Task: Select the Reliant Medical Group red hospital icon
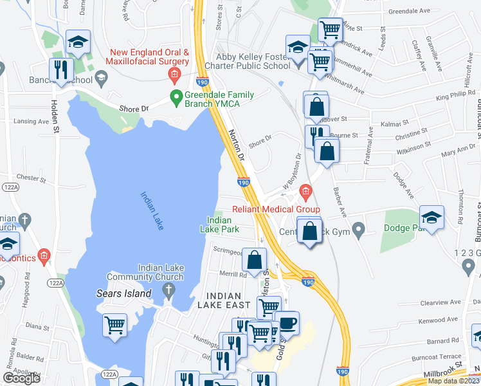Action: tap(305, 191)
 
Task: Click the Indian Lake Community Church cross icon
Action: tap(169, 291)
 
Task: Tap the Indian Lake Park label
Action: tap(219, 225)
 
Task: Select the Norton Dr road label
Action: tap(237, 146)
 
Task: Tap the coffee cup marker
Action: tap(287, 322)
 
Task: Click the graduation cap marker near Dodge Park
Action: tap(432, 216)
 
